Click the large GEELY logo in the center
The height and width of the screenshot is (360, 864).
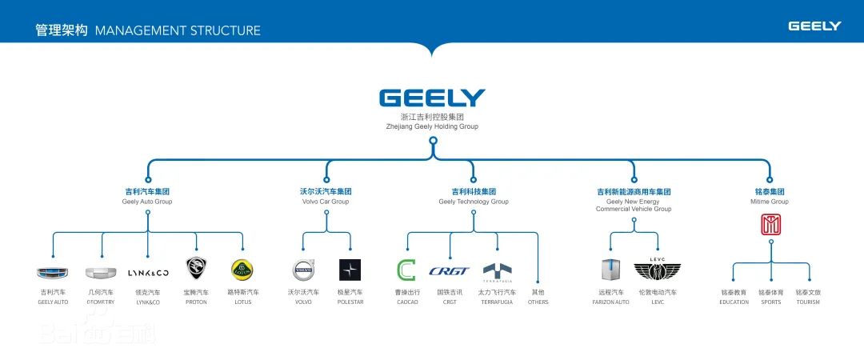pyautogui.click(x=432, y=98)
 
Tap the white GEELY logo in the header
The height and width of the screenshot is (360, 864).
pyautogui.click(x=814, y=26)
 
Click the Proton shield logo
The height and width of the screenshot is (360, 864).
pyautogui.click(x=196, y=268)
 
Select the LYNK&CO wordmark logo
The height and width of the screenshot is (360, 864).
pyautogui.click(x=148, y=272)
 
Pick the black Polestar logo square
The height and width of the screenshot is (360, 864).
pyautogui.click(x=350, y=270)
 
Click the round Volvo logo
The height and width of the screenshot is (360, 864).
pyautogui.click(x=303, y=270)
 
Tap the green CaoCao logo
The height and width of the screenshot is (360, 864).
pyautogui.click(x=407, y=270)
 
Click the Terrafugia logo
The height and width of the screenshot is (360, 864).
pyautogui.click(x=497, y=270)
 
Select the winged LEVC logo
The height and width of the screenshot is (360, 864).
pyautogui.click(x=658, y=270)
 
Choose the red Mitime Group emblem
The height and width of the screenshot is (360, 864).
pyautogui.click(x=770, y=226)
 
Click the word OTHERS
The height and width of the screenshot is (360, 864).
pyautogui.click(x=538, y=302)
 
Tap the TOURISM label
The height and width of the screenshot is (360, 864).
pyautogui.click(x=808, y=302)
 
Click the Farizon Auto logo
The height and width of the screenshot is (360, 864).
pyautogui.click(x=611, y=270)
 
